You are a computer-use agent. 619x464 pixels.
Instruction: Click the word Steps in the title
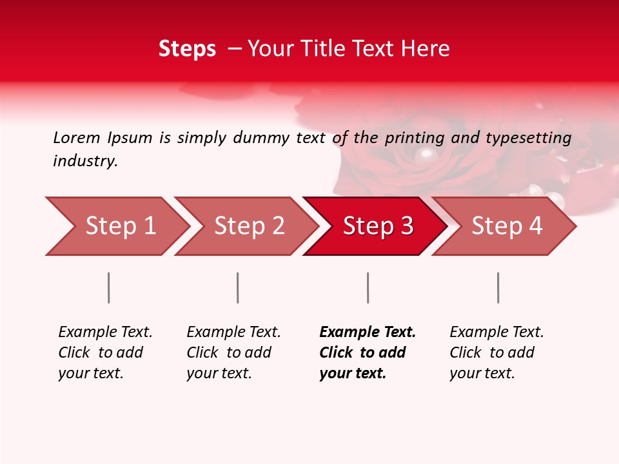[x=187, y=49]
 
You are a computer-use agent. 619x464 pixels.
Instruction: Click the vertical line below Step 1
[x=109, y=287]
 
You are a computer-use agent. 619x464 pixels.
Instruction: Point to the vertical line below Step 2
[x=238, y=287]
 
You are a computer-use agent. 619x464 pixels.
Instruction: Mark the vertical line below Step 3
[x=368, y=287]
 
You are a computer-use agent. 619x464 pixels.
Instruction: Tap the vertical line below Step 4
[x=498, y=287]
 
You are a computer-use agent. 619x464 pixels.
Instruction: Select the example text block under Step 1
[x=105, y=352]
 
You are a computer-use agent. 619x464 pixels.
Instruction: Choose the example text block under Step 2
[x=233, y=352]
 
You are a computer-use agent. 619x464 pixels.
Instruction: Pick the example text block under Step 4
[x=496, y=352]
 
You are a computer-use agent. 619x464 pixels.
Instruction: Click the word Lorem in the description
[x=77, y=137]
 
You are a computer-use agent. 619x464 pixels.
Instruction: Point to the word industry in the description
[x=84, y=161]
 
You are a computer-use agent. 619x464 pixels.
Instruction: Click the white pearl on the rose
[x=426, y=154]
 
